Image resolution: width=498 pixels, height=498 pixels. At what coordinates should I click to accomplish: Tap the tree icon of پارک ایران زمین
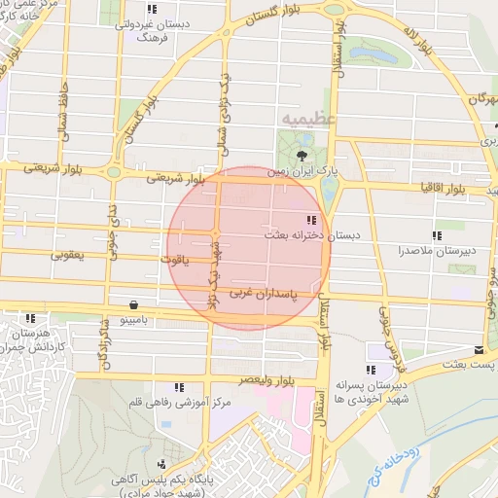click(303, 155)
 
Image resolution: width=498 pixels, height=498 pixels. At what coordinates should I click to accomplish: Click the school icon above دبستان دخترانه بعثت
click(311, 220)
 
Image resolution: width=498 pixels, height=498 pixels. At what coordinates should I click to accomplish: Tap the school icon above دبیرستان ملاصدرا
click(437, 235)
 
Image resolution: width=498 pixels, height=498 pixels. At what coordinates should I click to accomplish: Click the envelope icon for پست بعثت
click(479, 349)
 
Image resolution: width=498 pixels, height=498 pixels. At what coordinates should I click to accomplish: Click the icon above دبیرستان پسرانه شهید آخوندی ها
click(371, 370)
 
